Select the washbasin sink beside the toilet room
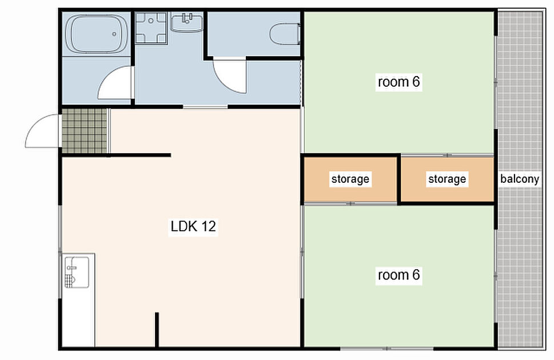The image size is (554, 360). tap(188, 23)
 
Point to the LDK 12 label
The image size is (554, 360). tap(193, 226)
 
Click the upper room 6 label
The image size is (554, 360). tap(399, 82)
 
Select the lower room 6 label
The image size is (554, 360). tap(399, 275)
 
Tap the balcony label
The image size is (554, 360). tap(519, 179)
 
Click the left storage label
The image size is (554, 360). tap(350, 179)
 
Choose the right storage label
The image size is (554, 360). tap(447, 179)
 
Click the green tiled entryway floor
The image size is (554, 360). tap(85, 131)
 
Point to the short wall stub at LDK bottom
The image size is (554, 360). tap(157, 330)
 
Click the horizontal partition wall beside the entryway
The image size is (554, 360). tap(140, 155)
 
